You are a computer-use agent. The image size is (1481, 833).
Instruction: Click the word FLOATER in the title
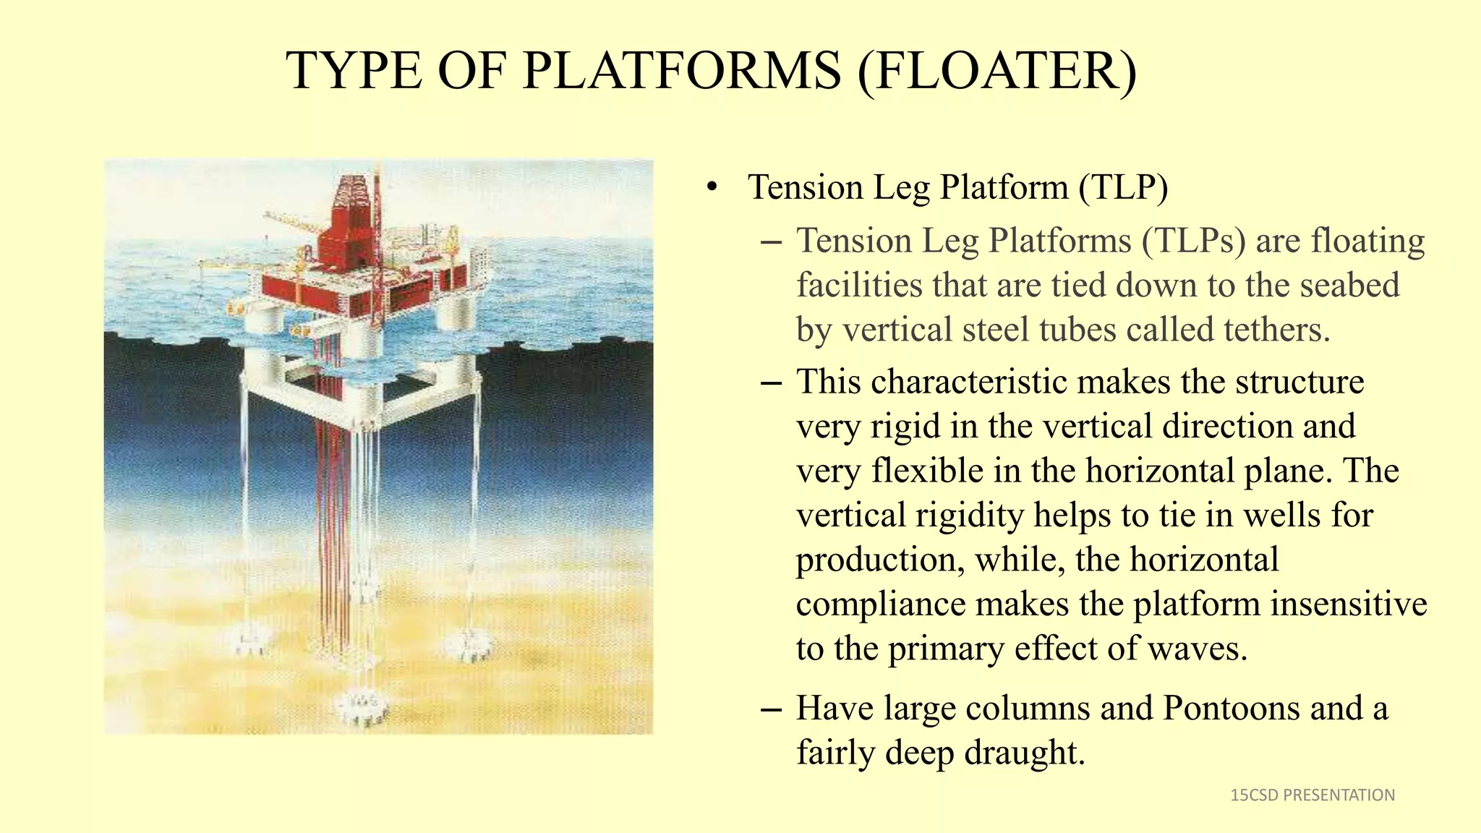click(998, 71)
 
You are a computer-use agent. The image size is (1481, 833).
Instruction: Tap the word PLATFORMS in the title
click(682, 71)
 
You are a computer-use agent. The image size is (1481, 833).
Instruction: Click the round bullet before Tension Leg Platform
click(712, 188)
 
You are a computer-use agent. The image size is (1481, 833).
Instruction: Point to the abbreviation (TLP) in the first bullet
click(1123, 187)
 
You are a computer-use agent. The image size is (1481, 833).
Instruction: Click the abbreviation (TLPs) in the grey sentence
click(1194, 241)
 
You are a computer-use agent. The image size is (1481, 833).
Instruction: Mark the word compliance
click(880, 605)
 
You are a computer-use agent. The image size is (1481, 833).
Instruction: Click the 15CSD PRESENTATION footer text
click(1313, 795)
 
